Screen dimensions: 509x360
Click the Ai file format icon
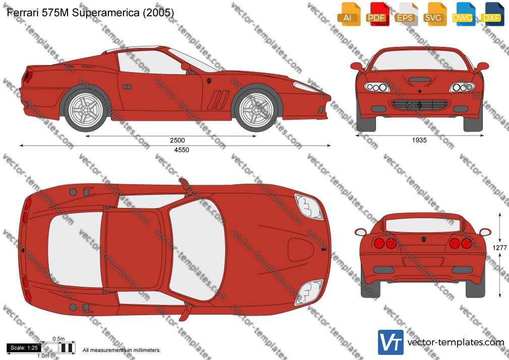(349, 14)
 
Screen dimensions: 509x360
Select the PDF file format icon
(377, 14)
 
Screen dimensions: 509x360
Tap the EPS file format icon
(406, 14)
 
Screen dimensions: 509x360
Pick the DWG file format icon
(464, 14)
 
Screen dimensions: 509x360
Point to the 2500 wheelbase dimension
(177, 140)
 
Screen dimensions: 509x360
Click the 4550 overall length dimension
(181, 150)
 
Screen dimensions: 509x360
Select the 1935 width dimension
(419, 140)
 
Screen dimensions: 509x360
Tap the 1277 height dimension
(499, 248)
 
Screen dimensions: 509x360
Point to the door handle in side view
(127, 87)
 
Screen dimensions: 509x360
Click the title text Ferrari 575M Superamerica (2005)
(90, 12)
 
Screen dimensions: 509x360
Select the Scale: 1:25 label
(24, 348)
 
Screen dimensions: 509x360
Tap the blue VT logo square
(391, 342)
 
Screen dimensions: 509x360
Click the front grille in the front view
(419, 104)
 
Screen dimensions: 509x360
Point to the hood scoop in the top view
(300, 250)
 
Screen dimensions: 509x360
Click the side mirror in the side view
(185, 67)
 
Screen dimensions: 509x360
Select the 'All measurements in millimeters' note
(121, 350)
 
